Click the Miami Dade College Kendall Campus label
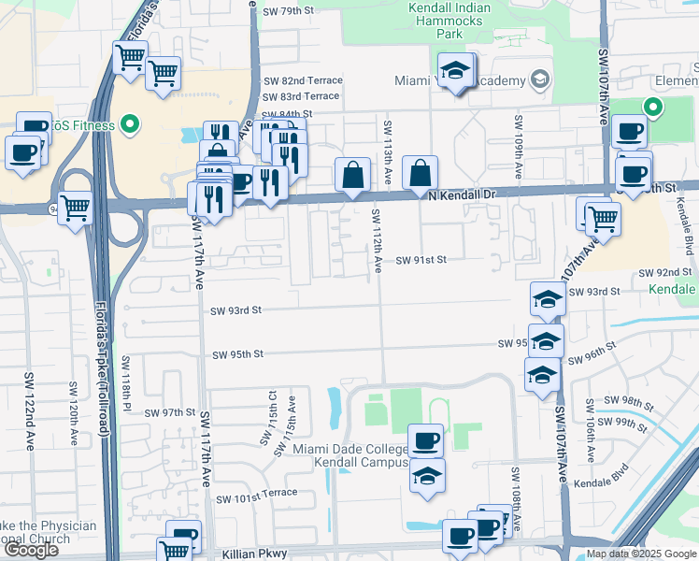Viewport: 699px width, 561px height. [351, 455]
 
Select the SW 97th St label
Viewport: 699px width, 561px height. [169, 412]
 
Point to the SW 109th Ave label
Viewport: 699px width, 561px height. [517, 148]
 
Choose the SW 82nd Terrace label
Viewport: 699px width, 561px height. [302, 81]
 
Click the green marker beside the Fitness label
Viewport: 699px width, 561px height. [131, 124]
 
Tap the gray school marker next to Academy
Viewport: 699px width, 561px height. [539, 80]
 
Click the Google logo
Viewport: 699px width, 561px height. [31, 550]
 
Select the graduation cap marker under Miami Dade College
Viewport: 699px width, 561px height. [428, 477]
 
